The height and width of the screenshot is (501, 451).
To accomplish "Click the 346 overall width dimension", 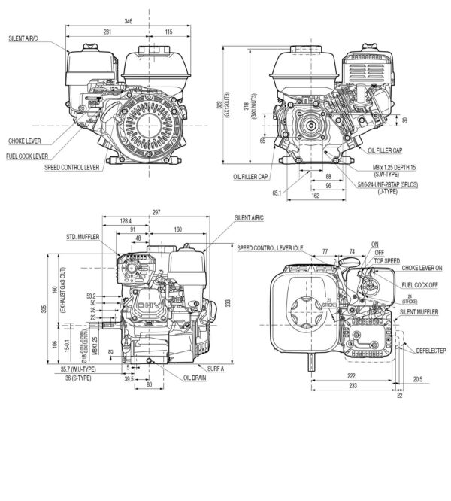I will click(x=129, y=22).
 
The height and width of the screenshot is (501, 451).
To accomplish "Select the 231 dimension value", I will click(x=107, y=32).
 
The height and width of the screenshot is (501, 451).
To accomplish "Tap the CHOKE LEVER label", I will click(x=26, y=141).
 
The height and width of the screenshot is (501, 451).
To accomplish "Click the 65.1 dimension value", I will click(x=276, y=194).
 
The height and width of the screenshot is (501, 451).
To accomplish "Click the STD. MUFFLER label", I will click(x=84, y=235).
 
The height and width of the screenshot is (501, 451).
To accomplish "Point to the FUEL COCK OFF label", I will click(x=420, y=285).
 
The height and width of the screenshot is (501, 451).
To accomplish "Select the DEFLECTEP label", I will click(x=422, y=349).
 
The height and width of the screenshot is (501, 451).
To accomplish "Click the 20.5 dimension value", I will click(x=417, y=379).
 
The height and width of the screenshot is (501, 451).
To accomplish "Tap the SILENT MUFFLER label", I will click(x=419, y=311).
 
